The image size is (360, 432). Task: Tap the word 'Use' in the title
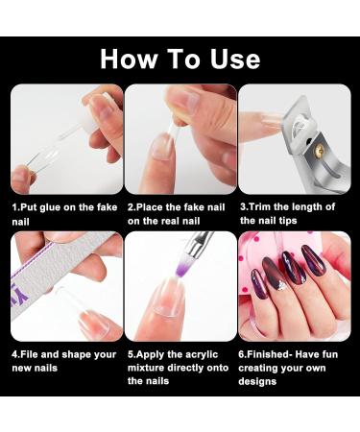pos(230,59)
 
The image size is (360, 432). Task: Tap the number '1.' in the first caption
pos(16,207)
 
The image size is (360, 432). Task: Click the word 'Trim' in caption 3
pos(262,207)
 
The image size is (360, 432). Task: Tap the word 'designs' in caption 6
pos(262,380)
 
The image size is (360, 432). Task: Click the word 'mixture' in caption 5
pos(150,368)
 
